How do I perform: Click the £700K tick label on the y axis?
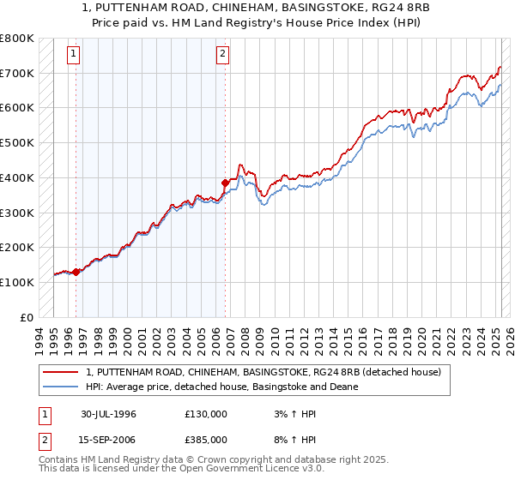pyautogui.click(x=18, y=74)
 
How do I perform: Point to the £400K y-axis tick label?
pyautogui.click(x=18, y=178)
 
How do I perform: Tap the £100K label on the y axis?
pyautogui.click(x=18, y=282)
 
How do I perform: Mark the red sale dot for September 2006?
pyautogui.click(x=226, y=182)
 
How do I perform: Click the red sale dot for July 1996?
pyautogui.click(x=76, y=272)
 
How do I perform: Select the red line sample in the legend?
pyautogui.click(x=61, y=372)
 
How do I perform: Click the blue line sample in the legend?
pyautogui.click(x=61, y=387)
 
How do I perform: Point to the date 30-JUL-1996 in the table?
pyautogui.click(x=109, y=414)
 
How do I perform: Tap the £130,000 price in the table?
pyautogui.click(x=206, y=414)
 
